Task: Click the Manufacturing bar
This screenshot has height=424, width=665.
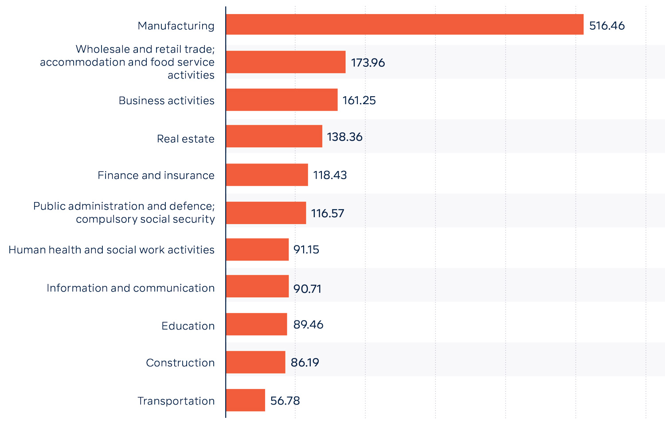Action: [x=404, y=24]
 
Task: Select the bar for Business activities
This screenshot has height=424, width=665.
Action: [x=282, y=100]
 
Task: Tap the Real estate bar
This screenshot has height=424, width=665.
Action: [x=274, y=136]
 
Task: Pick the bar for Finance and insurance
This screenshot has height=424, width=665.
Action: [x=267, y=175]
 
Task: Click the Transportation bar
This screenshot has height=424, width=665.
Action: [x=246, y=400]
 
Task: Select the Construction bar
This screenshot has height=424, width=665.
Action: [x=256, y=362]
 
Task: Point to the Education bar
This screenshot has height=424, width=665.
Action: [x=257, y=324]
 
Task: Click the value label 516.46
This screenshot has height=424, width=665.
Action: [x=606, y=26]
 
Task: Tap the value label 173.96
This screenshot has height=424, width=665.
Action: [x=368, y=62]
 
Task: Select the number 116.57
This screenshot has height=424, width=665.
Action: [x=328, y=213]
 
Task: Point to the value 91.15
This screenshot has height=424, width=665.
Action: [x=306, y=249]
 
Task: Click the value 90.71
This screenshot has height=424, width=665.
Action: [x=307, y=289]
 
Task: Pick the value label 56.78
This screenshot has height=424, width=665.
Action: [x=285, y=401]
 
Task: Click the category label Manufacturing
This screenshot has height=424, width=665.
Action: [x=176, y=26]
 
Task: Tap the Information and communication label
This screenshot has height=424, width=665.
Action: [x=130, y=288]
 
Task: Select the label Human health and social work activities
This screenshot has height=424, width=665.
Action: [x=111, y=250]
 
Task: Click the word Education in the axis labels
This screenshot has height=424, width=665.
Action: [x=188, y=326]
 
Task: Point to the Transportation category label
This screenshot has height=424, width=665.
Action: [x=176, y=401]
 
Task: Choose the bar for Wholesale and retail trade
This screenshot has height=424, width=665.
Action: [x=286, y=62]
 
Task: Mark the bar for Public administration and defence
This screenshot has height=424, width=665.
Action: [x=266, y=213]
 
